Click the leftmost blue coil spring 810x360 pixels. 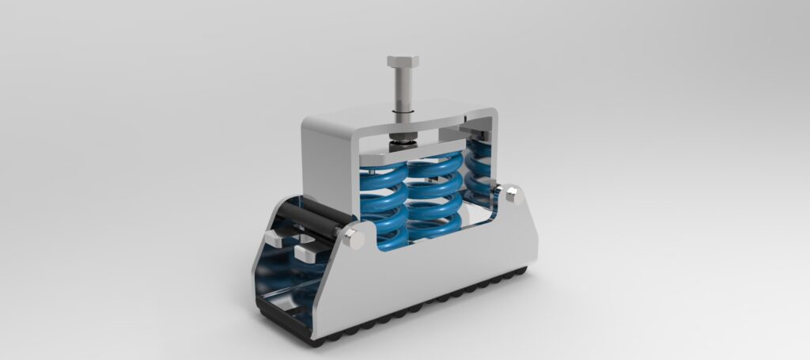tap(377, 206)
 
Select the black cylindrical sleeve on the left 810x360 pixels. tap(312, 213)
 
